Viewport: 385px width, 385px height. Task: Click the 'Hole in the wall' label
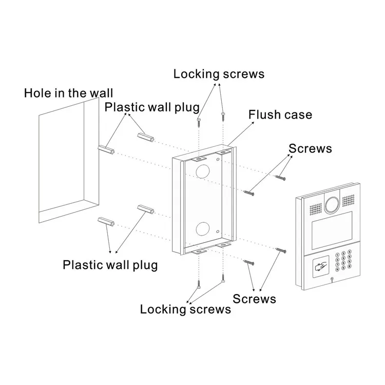pos(68,93)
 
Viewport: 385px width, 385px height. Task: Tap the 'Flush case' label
pos(280,114)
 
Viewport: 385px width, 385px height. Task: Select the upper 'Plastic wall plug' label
pos(152,107)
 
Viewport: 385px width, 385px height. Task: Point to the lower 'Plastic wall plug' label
pos(110,265)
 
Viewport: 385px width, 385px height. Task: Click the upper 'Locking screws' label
pos(219,74)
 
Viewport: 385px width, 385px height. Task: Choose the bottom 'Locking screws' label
pos(185,309)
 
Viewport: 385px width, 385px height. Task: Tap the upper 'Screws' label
pos(310,149)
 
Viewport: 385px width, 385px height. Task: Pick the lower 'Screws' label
pos(254,299)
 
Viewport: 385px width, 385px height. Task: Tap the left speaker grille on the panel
pos(315,208)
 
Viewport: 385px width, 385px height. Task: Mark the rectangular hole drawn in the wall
pos(64,159)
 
